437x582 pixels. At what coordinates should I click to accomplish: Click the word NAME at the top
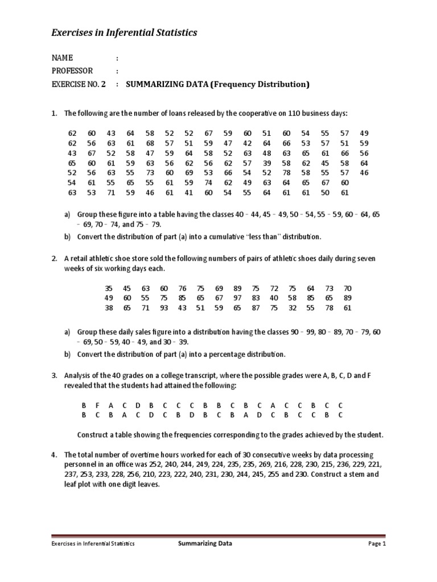point(62,58)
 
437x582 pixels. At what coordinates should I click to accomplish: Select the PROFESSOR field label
point(72,71)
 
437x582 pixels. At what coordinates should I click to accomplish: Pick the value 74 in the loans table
point(208,182)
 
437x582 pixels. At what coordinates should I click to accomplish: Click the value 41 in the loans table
point(189,193)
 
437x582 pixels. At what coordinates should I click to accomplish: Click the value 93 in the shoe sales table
point(164,308)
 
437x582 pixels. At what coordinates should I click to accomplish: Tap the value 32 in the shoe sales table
point(292,308)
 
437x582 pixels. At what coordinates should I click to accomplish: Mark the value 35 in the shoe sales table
point(109,288)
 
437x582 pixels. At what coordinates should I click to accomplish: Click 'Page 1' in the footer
point(377,544)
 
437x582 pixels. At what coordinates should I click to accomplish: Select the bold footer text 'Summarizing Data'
point(205,543)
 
